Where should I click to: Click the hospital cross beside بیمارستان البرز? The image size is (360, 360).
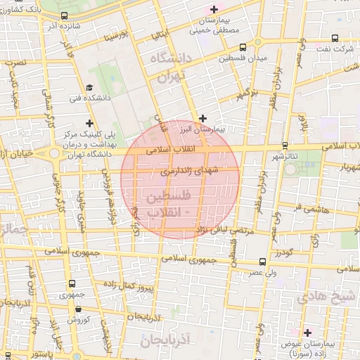[x=203, y=119]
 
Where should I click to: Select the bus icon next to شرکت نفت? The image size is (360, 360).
[x=334, y=38]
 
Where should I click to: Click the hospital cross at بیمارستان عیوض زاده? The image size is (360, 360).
[x=307, y=332]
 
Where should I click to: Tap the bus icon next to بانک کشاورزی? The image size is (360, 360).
[x=65, y=15]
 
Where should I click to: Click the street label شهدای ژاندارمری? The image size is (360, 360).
[x=190, y=170]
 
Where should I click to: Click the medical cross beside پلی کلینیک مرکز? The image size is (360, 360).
[x=89, y=124]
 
